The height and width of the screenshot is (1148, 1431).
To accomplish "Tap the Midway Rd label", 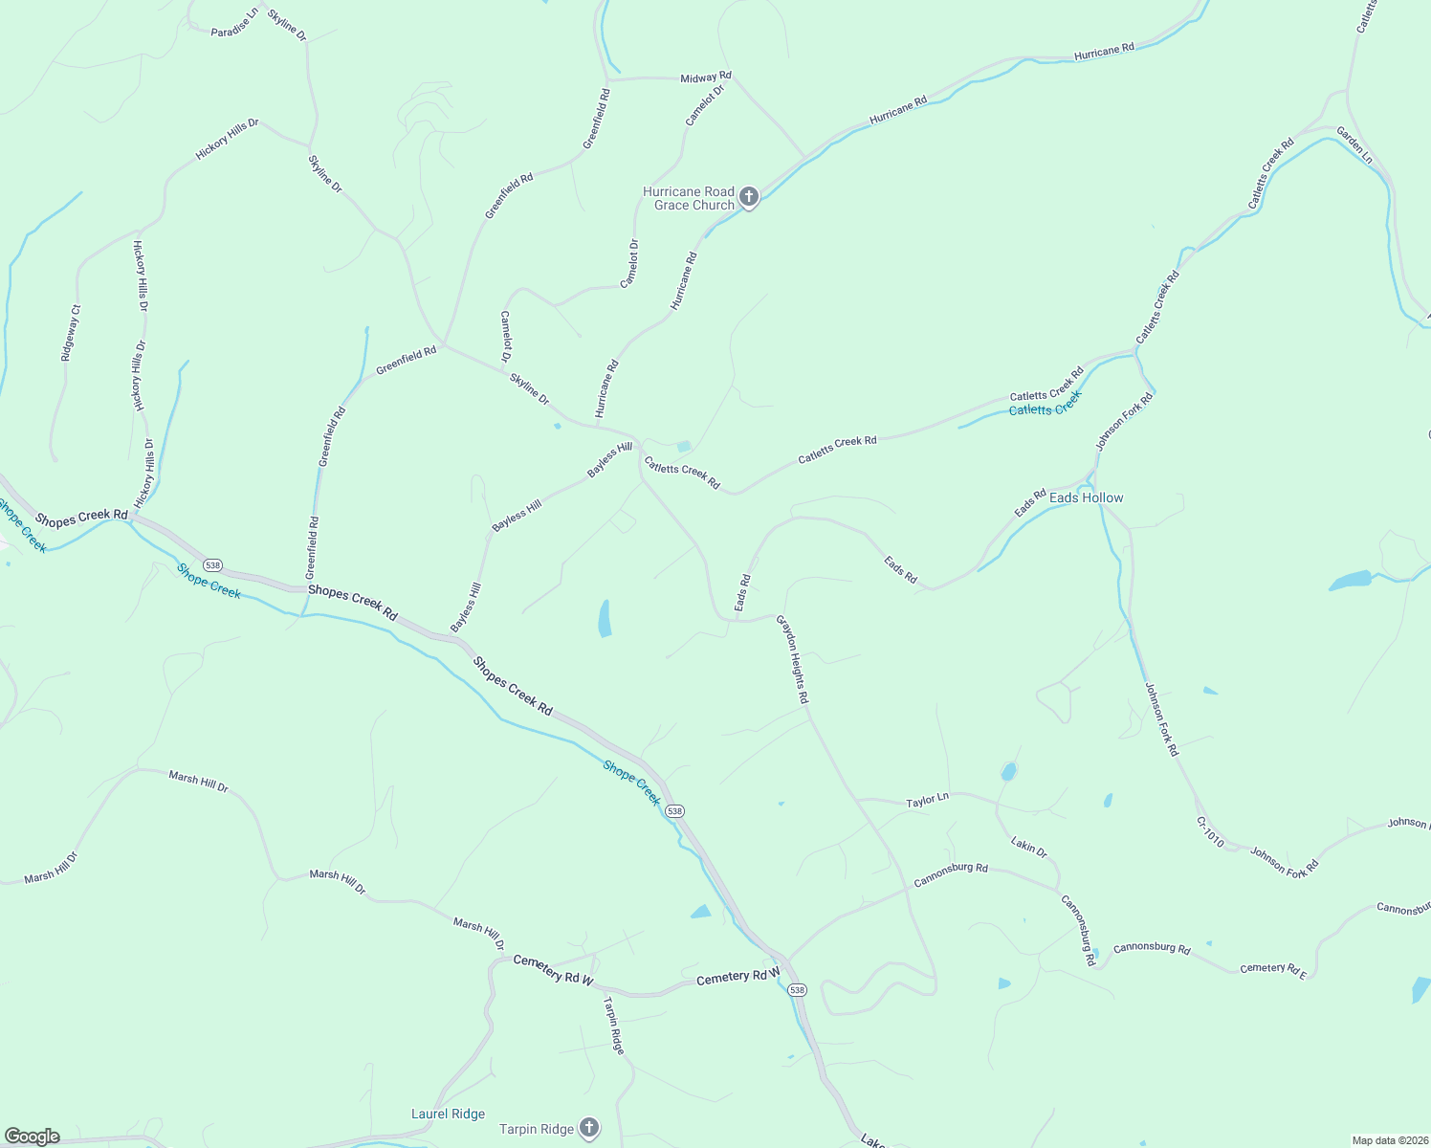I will [x=705, y=77].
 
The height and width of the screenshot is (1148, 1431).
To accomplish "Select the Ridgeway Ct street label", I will [x=71, y=333].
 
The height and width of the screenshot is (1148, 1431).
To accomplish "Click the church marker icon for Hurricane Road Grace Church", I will [x=749, y=197].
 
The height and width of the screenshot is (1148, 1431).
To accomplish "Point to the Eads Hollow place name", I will [x=1086, y=497].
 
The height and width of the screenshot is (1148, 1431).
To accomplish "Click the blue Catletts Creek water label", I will [x=1045, y=404].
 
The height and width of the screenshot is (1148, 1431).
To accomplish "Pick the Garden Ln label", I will [x=1354, y=144].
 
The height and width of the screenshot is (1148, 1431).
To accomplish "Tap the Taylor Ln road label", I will [x=927, y=801].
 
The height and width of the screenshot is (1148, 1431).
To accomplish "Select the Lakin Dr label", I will [x=1029, y=847].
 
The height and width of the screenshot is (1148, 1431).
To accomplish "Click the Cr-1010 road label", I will [x=1209, y=832].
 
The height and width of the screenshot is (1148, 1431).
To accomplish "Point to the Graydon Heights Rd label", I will [x=792, y=660].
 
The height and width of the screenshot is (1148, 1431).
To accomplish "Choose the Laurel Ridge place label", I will [x=448, y=1114].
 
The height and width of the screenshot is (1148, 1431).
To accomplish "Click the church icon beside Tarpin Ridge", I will [x=589, y=1128].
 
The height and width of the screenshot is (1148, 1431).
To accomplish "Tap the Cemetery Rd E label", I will [x=1272, y=969].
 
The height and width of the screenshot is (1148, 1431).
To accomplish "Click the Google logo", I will [x=31, y=1137].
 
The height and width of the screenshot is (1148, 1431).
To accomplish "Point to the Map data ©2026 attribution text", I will [x=1389, y=1140].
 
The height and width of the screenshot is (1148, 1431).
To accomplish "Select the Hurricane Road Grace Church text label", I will [x=689, y=198].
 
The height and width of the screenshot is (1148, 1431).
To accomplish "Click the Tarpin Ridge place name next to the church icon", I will [x=537, y=1129].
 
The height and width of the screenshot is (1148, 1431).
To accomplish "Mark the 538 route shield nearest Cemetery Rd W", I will [x=798, y=990].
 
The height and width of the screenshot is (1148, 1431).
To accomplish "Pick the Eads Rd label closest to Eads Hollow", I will [x=1031, y=503].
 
